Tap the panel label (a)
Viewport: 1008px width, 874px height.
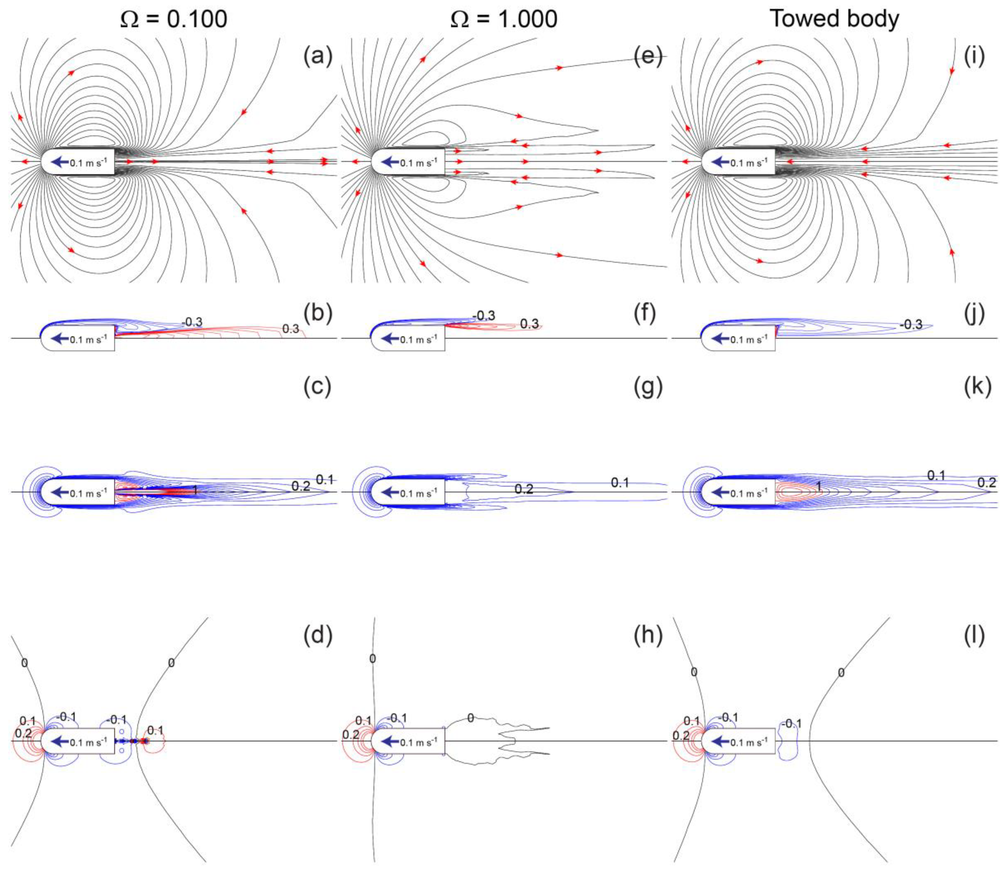pos(317,57)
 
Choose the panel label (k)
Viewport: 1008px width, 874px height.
pos(977,387)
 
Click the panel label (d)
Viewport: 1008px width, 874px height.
pos(317,636)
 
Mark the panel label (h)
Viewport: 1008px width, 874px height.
pos(647,636)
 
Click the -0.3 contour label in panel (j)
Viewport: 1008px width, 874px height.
pos(911,324)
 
